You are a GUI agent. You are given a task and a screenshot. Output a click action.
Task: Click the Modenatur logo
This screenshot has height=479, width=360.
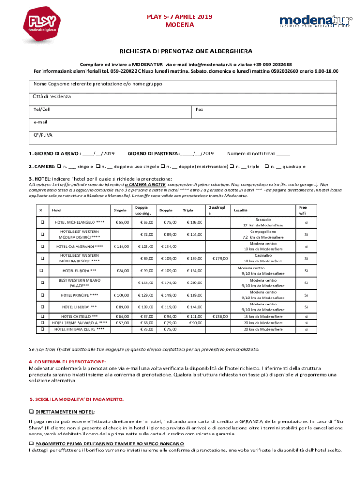pos(309,22)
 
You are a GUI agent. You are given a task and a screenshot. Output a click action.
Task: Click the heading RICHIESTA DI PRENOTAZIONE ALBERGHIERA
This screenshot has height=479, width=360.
pos(180,51)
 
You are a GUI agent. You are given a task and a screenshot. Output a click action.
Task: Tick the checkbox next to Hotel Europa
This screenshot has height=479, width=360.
pos(41,270)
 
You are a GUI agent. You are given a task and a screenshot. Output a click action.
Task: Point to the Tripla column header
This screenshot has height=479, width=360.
pos(188,210)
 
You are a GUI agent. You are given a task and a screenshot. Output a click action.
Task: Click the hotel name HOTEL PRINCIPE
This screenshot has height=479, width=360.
pos(79,295)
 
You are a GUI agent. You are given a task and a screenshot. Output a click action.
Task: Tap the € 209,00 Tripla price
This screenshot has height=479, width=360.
pos(194,283)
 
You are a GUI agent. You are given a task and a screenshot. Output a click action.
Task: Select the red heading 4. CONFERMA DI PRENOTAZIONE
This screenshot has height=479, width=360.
pos(67,362)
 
